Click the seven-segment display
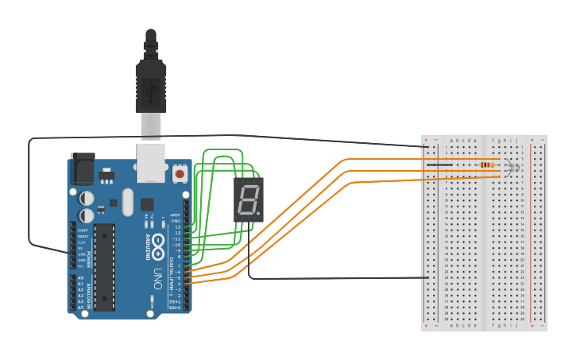click(248, 199)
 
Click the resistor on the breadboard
click(485, 165)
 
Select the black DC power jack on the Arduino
click(83, 169)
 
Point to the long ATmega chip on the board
click(104, 266)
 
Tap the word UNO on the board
click(157, 277)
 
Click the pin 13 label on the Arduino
click(178, 226)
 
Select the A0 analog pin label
click(79, 277)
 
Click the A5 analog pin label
click(79, 307)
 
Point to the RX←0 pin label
click(175, 308)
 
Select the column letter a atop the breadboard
click(450, 140)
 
